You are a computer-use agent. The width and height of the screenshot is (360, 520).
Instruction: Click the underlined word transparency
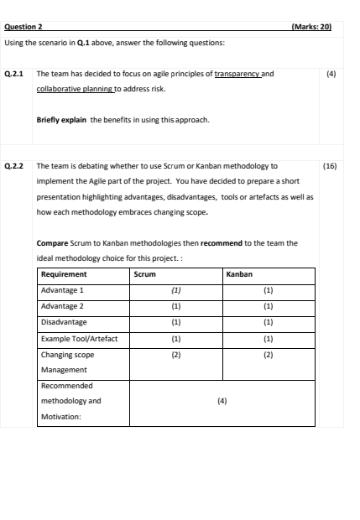[x=237, y=74]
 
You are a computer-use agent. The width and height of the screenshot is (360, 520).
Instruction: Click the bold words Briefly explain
[x=62, y=120]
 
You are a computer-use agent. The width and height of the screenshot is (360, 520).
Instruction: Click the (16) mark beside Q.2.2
[x=329, y=166]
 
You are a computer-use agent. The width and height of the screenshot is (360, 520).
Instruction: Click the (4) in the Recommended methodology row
[x=222, y=401]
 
